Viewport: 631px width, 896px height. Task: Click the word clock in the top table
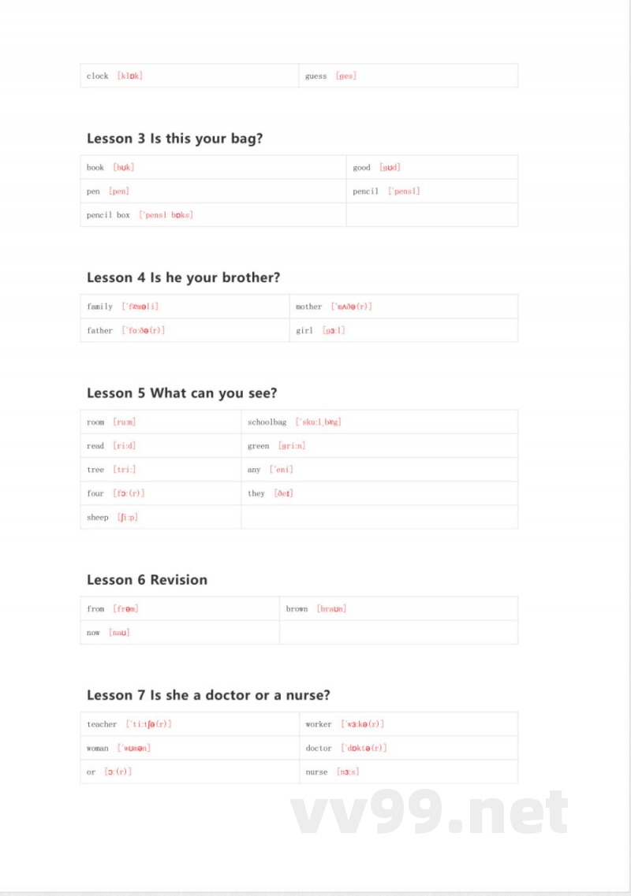tap(98, 76)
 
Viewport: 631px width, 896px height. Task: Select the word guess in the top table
tap(315, 76)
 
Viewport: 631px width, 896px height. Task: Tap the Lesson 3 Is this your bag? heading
tap(174, 139)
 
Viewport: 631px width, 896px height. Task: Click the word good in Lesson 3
tap(361, 168)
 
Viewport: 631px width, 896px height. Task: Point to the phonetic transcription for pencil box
tap(166, 215)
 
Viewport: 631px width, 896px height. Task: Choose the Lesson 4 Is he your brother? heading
tap(183, 277)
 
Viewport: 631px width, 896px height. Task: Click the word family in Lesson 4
tap(99, 307)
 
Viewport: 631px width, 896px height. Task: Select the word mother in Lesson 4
tap(308, 307)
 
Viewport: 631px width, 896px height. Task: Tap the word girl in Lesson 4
tap(304, 331)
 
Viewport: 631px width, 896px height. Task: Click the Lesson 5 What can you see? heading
tap(181, 393)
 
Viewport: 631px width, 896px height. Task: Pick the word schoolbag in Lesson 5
tap(267, 422)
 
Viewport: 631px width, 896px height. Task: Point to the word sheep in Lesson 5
tap(98, 518)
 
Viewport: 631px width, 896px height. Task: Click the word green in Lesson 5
tap(258, 446)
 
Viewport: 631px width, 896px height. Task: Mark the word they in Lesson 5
tap(256, 493)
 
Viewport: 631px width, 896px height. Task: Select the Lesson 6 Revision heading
tap(147, 580)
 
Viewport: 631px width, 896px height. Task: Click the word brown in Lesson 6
tap(297, 609)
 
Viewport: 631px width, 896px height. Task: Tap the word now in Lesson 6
tap(94, 633)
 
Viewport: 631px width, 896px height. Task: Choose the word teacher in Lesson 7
tap(102, 724)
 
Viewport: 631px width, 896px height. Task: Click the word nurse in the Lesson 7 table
tap(316, 772)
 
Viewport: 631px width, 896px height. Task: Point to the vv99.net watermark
tap(430, 813)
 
